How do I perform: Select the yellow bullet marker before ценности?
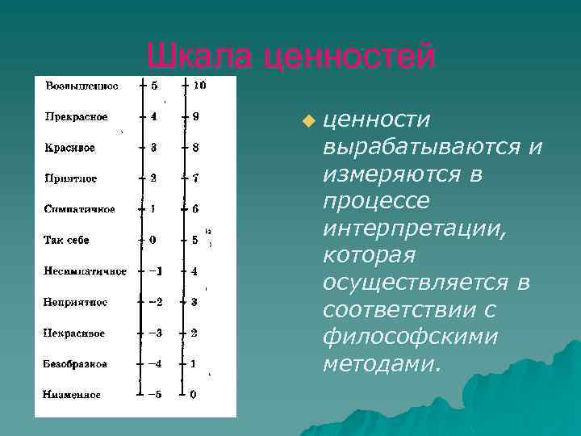307,121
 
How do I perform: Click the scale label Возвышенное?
82,86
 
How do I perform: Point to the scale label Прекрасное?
76,116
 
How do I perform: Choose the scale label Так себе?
66,240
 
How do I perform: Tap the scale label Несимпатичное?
85,271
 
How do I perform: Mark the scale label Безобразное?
75,364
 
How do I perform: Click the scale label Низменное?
72,395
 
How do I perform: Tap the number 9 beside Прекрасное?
196,116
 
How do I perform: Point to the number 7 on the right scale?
196,178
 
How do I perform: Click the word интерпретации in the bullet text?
415,229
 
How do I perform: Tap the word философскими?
410,337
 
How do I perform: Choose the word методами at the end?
382,364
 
